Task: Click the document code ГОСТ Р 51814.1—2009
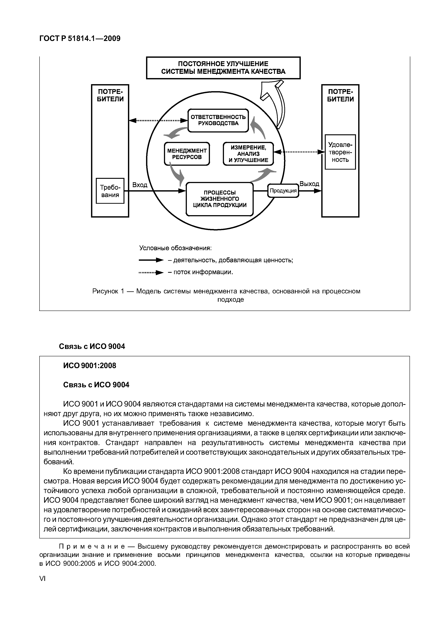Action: [x=80, y=38]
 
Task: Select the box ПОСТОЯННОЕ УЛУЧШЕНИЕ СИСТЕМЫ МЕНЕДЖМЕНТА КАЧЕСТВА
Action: [x=223, y=68]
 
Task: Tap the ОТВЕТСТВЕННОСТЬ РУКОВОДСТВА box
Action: [x=218, y=120]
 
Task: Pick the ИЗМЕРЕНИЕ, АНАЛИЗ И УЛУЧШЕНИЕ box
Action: [x=248, y=154]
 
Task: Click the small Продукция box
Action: [x=283, y=190]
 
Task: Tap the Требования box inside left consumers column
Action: [x=110, y=191]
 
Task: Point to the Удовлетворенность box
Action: [x=340, y=152]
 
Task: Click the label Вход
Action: [x=140, y=185]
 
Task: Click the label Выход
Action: [x=309, y=184]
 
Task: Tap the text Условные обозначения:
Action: [x=175, y=248]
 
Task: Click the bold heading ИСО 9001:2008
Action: [x=90, y=365]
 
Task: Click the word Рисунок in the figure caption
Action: [x=105, y=291]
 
